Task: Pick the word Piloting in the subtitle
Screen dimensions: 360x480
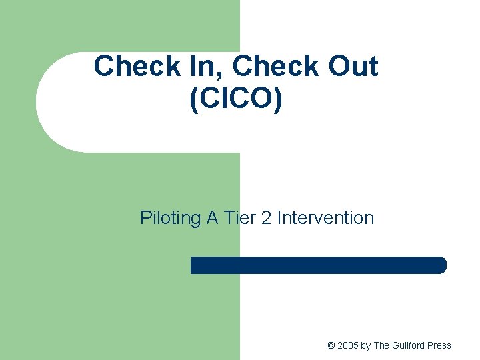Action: coord(170,218)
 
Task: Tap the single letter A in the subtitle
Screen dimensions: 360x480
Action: coord(212,218)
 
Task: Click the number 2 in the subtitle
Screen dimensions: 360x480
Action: coord(267,218)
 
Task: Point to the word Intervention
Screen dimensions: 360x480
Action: coord(325,218)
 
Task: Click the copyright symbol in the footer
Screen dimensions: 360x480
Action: coord(331,345)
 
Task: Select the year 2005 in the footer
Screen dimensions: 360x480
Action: coord(347,345)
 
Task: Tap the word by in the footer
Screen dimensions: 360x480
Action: coord(365,345)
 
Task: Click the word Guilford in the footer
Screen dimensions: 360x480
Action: coord(408,345)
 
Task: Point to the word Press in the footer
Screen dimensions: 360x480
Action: coord(439,345)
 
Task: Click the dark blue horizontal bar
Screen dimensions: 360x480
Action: coord(318,265)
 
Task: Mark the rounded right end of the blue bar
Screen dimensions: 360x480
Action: coord(442,265)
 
